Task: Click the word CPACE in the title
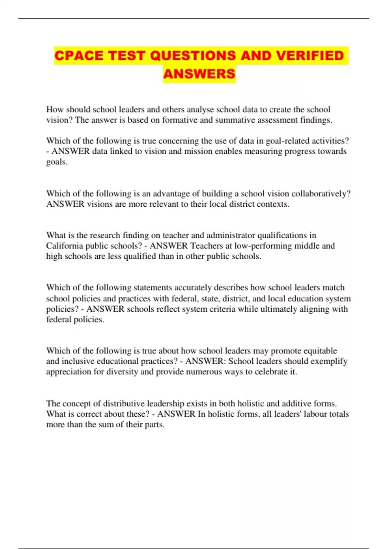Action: (x=79, y=56)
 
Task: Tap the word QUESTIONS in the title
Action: (x=193, y=56)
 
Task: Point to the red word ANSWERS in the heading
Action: (x=199, y=74)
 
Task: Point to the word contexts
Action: (x=273, y=204)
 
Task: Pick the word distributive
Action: (x=124, y=404)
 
